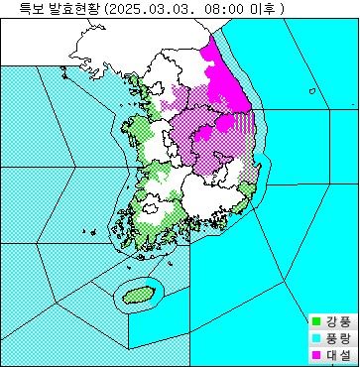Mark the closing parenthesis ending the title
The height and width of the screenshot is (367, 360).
tap(282, 9)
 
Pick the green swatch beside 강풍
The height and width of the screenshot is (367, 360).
tap(315, 321)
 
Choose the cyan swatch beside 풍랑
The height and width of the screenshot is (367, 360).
tap(315, 338)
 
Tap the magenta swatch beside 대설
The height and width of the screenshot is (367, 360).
tap(315, 354)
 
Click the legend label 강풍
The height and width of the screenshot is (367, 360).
tap(337, 321)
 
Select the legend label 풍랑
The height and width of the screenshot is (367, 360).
tap(337, 338)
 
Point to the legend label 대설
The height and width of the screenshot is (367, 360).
tap(337, 354)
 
